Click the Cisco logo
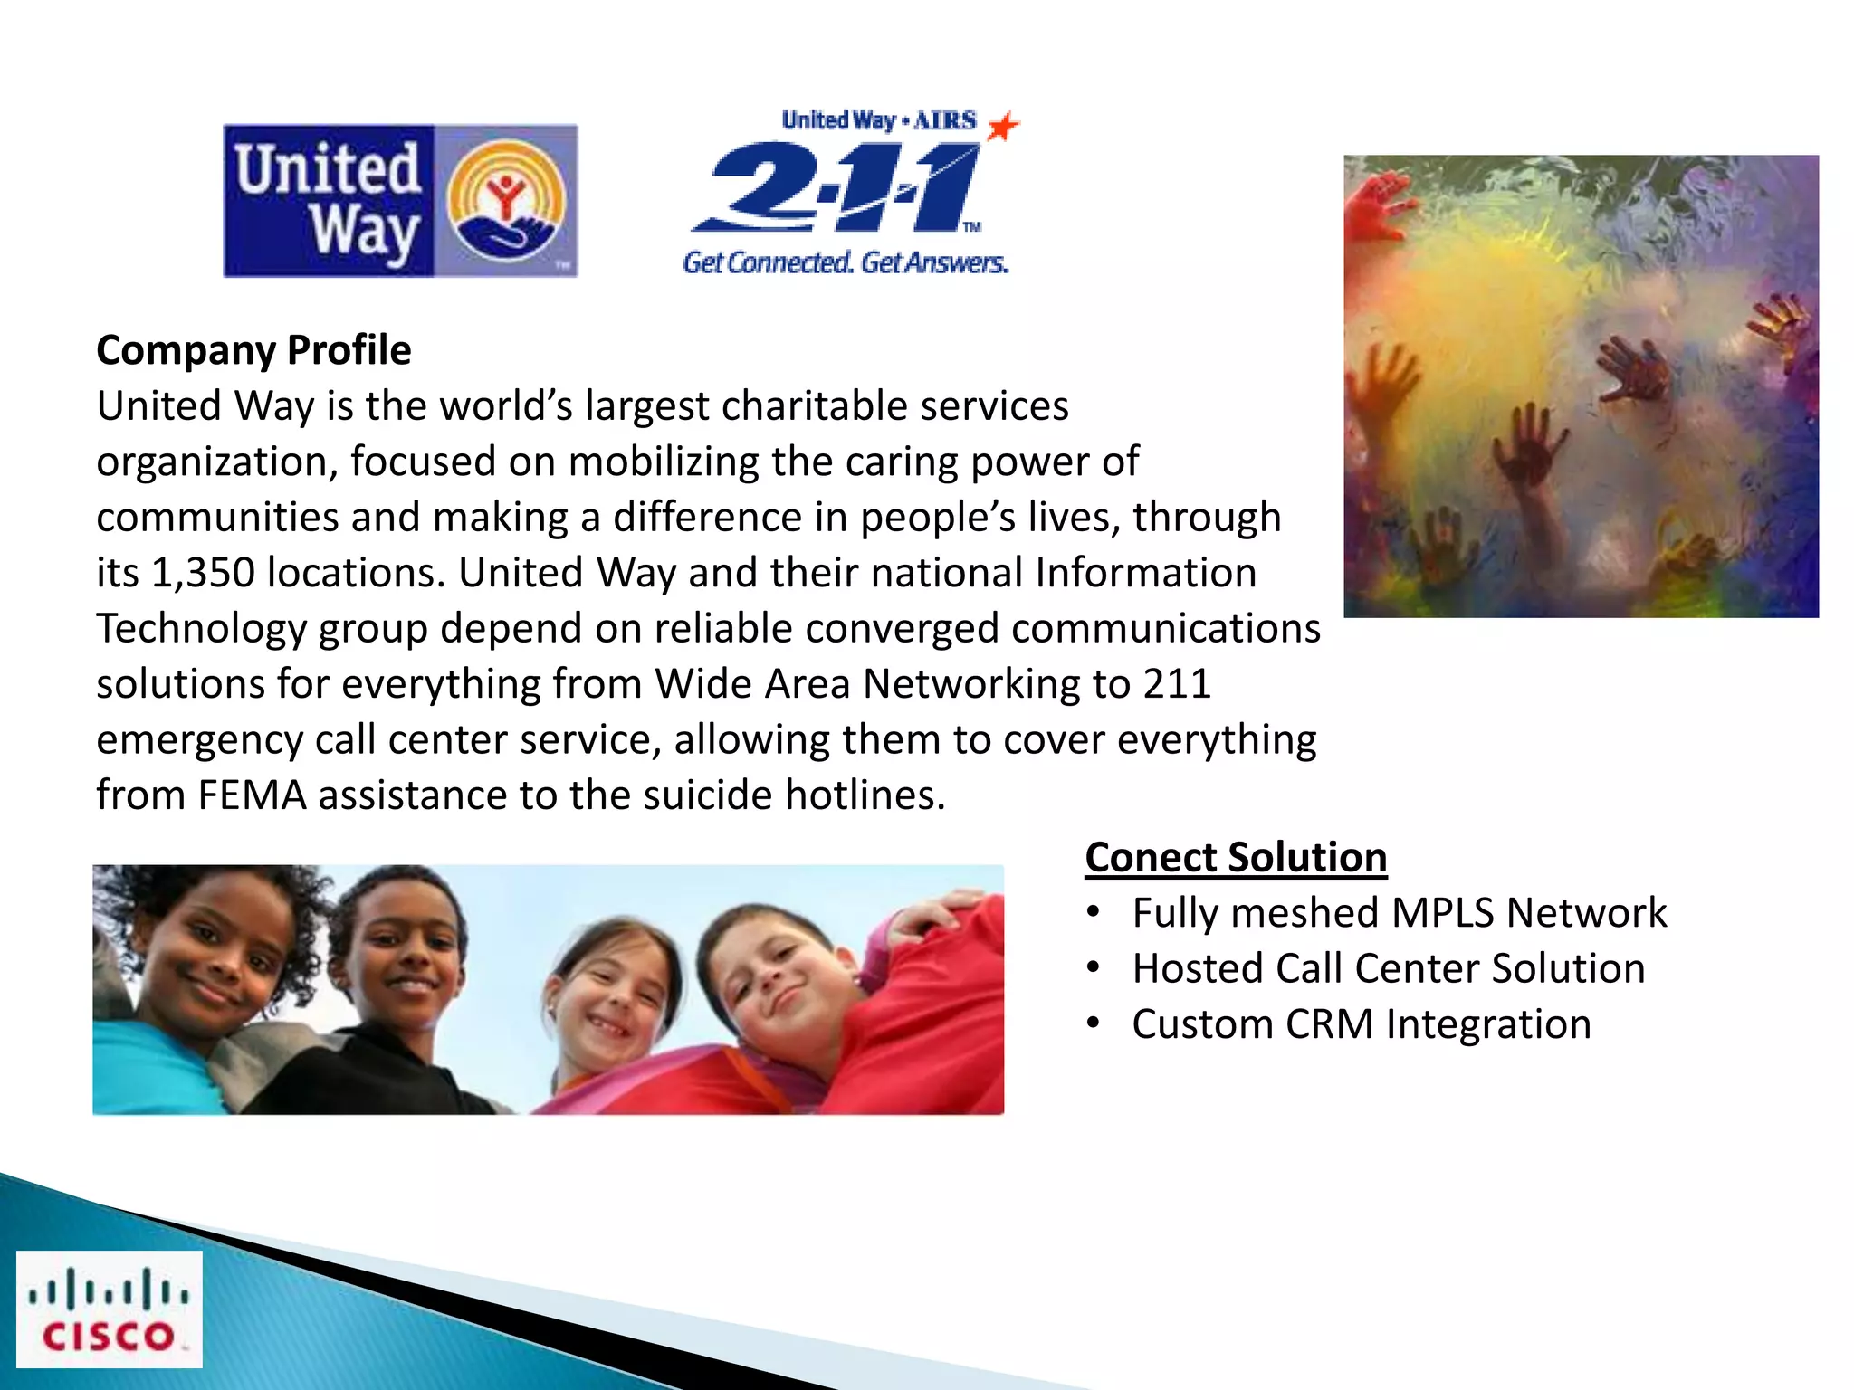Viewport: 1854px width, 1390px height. click(109, 1309)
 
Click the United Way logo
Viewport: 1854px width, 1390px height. click(400, 201)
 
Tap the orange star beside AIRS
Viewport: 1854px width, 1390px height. click(1002, 126)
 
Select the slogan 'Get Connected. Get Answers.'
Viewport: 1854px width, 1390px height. click(846, 262)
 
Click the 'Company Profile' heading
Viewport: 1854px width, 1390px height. click(253, 350)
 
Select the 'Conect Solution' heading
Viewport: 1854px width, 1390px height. click(1236, 857)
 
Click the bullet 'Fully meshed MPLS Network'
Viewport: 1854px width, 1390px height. click(1399, 913)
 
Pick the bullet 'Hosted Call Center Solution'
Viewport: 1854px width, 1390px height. click(1388, 968)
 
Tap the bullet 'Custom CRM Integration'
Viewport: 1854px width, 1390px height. click(1361, 1024)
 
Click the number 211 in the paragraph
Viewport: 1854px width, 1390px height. click(1176, 684)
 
